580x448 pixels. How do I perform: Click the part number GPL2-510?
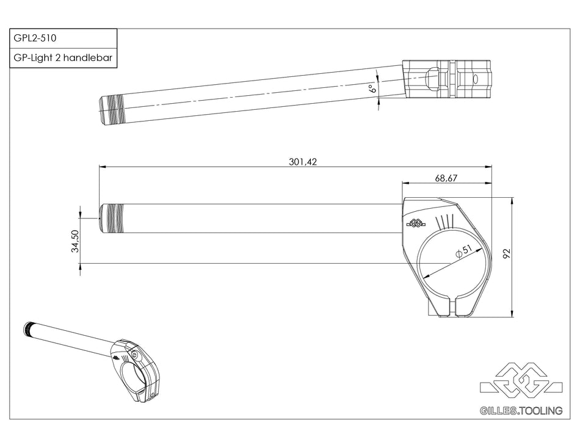(x=35, y=38)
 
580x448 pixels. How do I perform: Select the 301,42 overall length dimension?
(x=303, y=162)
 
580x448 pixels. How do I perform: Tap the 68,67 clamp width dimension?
(x=446, y=178)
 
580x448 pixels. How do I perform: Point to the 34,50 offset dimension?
(x=75, y=240)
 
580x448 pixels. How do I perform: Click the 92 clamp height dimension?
(x=506, y=253)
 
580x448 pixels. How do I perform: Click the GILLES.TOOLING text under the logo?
(x=521, y=411)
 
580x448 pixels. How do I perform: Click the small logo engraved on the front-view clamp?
(x=416, y=223)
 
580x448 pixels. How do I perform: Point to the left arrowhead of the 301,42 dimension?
(x=102, y=166)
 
